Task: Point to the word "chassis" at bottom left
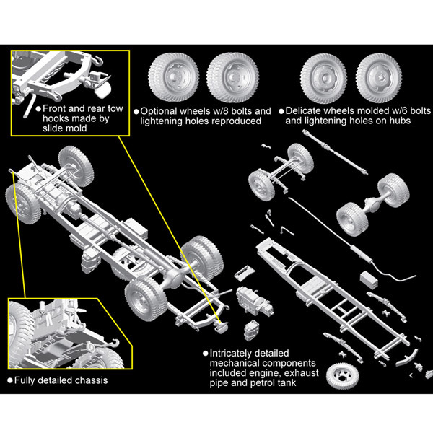[90, 380]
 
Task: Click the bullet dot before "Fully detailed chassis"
[10, 380]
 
